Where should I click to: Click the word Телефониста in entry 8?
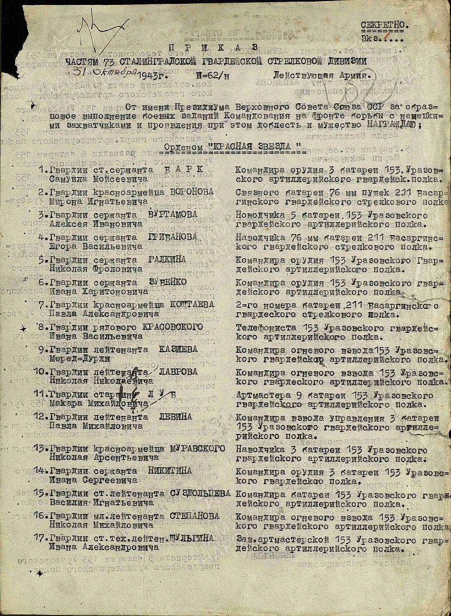[263, 327]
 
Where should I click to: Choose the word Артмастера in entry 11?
[261, 395]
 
